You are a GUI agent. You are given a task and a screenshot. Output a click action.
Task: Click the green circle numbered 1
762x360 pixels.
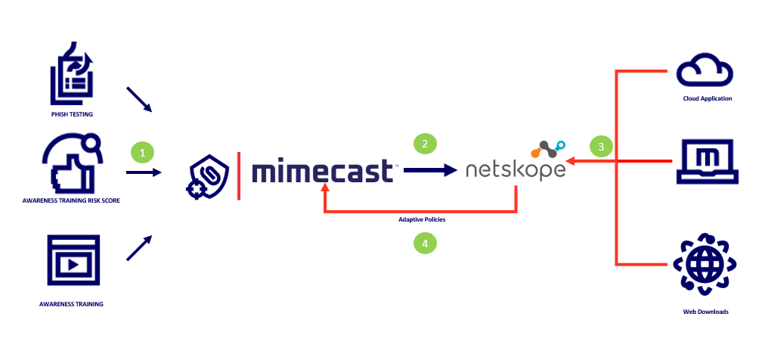[x=141, y=152]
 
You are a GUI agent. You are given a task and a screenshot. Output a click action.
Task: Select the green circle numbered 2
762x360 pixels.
[x=425, y=144]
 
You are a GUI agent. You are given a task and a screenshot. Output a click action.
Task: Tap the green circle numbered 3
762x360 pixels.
[x=601, y=147]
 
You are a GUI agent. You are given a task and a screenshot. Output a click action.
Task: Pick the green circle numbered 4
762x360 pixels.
[x=425, y=243]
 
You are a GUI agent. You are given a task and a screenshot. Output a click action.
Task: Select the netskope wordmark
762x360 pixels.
[x=515, y=169]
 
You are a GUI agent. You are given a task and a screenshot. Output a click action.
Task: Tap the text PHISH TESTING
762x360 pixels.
[x=72, y=116]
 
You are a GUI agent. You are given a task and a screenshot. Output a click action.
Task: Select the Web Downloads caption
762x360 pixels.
[x=705, y=311]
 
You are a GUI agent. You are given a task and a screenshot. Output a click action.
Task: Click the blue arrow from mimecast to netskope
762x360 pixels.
[x=432, y=171]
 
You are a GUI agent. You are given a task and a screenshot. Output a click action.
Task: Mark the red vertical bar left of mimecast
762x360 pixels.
[x=239, y=176]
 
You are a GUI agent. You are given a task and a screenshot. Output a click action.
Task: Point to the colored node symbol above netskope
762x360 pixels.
[x=547, y=148]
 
